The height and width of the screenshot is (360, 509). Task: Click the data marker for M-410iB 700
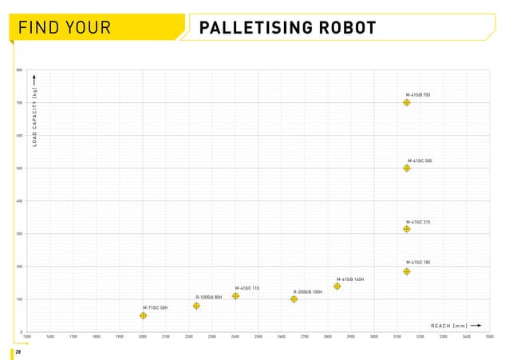tap(407, 103)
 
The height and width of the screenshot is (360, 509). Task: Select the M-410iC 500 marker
tap(407, 168)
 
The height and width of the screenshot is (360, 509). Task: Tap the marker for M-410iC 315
tap(407, 229)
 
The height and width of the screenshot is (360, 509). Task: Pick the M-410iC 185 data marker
tap(407, 271)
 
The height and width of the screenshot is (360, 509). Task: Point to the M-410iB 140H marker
tap(337, 287)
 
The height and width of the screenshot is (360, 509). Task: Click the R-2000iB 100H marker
tap(294, 299)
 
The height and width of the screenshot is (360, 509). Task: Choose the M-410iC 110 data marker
tap(235, 296)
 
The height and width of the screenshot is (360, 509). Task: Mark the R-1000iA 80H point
tap(196, 306)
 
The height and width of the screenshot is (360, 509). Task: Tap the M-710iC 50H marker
tap(143, 315)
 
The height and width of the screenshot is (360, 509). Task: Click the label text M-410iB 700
tap(418, 95)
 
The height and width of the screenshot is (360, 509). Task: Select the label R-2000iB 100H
tap(308, 292)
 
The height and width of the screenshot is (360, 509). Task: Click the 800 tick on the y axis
tap(19, 70)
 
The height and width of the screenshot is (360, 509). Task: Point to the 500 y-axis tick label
tap(19, 168)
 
